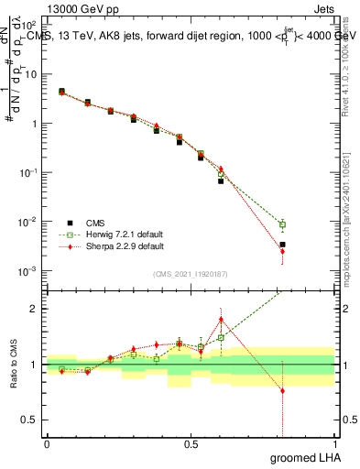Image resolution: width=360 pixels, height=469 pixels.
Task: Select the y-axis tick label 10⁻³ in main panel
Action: coord(30,271)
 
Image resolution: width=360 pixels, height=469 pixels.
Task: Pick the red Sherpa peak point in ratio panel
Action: coord(221,320)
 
